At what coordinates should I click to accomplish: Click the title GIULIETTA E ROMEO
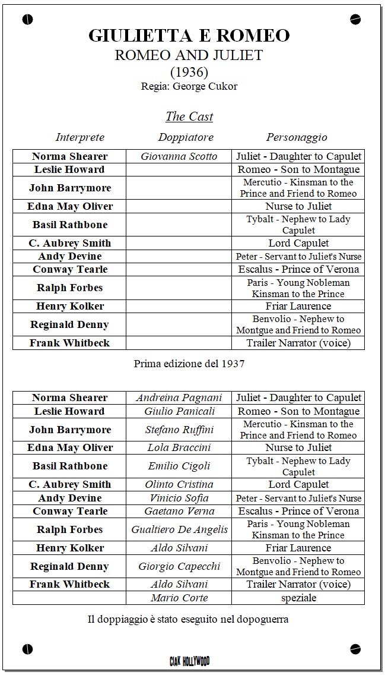(x=189, y=36)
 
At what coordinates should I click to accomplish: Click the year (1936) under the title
(x=189, y=72)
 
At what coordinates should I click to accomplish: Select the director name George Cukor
(x=205, y=86)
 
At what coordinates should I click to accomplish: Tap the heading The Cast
(x=189, y=116)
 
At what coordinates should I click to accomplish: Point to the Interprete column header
(x=79, y=137)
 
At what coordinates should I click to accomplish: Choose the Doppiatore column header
(x=185, y=137)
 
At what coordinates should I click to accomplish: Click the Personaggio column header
(x=296, y=137)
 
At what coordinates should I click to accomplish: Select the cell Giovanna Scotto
(x=179, y=157)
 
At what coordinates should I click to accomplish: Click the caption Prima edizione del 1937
(x=189, y=364)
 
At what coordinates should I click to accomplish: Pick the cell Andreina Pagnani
(x=179, y=398)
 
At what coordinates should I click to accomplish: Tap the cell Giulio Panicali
(x=179, y=411)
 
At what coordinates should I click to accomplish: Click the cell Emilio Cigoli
(x=179, y=466)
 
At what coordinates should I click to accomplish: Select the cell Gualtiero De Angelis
(x=179, y=530)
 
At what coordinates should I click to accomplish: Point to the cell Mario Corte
(x=179, y=598)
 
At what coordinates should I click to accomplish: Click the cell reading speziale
(x=298, y=598)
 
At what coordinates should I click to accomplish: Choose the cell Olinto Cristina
(x=179, y=485)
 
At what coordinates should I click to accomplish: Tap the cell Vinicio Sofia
(x=179, y=499)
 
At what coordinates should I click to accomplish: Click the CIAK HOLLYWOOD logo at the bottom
(x=189, y=661)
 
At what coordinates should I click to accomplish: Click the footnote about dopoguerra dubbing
(x=188, y=620)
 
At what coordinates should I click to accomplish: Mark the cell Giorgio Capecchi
(x=179, y=566)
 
